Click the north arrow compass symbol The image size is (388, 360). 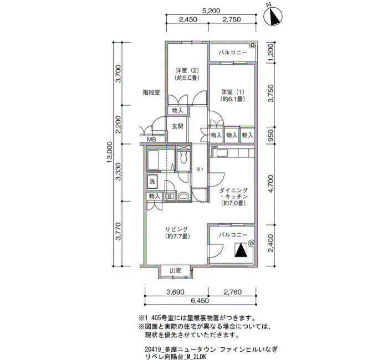(273, 16)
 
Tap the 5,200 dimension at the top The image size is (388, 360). (211, 11)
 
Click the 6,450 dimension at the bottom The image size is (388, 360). (200, 300)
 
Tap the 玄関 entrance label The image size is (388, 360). (178, 126)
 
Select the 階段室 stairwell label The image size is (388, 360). (151, 92)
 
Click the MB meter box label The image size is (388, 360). (151, 140)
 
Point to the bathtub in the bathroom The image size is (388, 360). (157, 160)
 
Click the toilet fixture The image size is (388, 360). (183, 158)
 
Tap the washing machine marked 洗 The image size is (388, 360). (152, 182)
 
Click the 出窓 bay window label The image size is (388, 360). (176, 270)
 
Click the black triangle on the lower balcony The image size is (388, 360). (241, 250)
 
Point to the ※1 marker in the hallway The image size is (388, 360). (200, 169)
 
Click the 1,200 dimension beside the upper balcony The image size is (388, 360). (271, 53)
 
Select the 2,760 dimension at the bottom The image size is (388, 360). (233, 292)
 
